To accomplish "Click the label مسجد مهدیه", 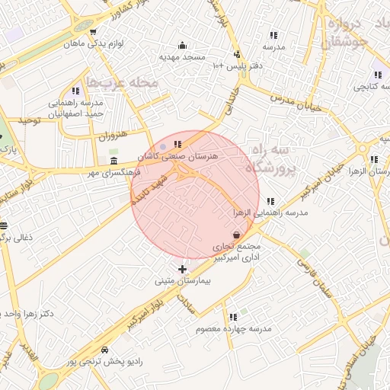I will point(182,56).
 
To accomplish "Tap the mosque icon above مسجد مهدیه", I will point(182,45).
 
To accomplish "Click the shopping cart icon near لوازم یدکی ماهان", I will point(92,32).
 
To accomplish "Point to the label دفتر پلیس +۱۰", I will point(238,66).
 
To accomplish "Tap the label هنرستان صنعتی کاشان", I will point(177,155).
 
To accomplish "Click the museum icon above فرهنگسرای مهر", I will point(113,160).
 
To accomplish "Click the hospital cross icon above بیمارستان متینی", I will point(181,270).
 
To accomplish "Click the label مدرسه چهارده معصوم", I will point(233,328).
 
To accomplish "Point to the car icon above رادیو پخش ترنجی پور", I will point(104,349).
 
